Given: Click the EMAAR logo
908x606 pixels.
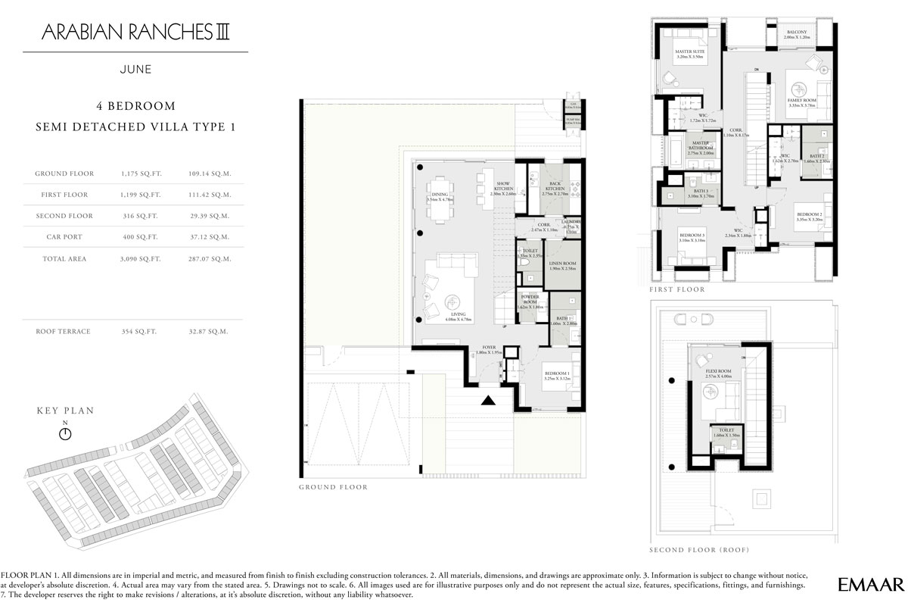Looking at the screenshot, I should (x=871, y=585).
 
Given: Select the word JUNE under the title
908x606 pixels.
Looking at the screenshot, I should (x=135, y=69).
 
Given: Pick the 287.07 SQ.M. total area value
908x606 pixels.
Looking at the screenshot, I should (x=210, y=259).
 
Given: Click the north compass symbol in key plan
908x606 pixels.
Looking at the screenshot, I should (x=65, y=433).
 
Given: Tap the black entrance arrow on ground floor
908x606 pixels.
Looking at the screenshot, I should (x=490, y=401).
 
